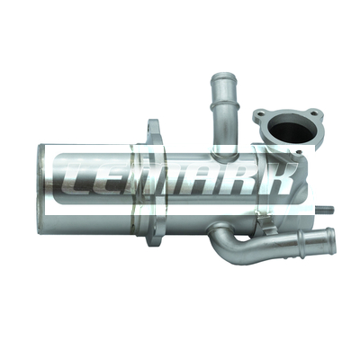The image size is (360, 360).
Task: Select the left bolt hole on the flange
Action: (260, 114)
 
